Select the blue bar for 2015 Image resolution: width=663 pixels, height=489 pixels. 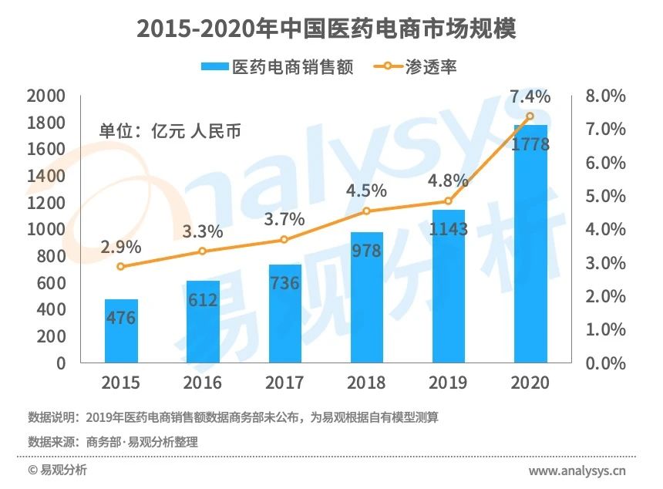[x=121, y=331]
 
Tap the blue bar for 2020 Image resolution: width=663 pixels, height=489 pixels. [x=530, y=244]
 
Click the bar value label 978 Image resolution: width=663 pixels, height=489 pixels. [x=366, y=251]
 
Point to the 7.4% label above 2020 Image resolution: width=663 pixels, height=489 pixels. [x=530, y=97]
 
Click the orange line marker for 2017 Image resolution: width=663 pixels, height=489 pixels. [x=284, y=240]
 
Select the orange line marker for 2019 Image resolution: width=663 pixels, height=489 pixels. [x=449, y=202]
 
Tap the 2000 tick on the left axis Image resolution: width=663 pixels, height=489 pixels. [x=45, y=96]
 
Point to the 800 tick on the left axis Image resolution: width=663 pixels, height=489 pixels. [x=52, y=256]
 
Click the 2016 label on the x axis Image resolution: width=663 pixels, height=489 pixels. [x=203, y=383]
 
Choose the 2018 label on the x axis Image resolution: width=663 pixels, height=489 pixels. [x=366, y=383]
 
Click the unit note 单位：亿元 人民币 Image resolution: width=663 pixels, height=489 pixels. [x=170, y=130]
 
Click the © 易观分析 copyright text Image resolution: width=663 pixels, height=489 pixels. [x=58, y=470]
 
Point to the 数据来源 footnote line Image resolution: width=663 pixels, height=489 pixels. [x=113, y=442]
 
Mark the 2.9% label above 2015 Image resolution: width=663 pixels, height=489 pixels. [x=121, y=248]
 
